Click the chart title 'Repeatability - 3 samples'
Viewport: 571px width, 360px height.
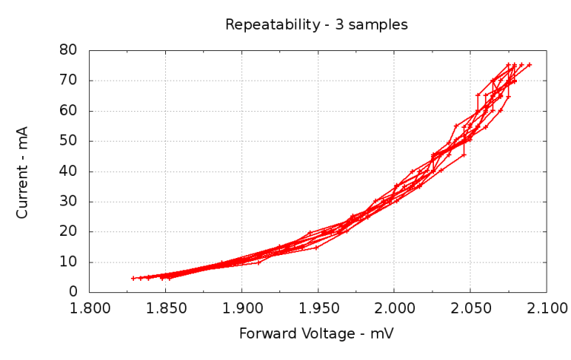click(x=316, y=24)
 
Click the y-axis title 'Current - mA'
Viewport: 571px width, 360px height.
click(x=22, y=172)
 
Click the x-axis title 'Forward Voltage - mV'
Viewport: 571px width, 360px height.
click(x=316, y=333)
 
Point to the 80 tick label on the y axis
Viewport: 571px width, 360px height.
click(x=70, y=50)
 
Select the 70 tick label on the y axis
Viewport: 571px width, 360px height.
click(x=70, y=81)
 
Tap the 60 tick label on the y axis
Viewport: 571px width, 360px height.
click(x=70, y=111)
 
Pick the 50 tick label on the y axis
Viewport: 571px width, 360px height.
click(x=70, y=141)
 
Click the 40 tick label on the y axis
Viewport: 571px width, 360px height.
click(x=70, y=171)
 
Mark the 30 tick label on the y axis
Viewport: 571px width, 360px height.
click(x=70, y=202)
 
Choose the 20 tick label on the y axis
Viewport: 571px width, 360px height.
click(x=70, y=232)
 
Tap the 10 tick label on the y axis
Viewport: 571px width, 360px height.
click(x=70, y=262)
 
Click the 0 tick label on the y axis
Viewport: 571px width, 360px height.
click(x=74, y=292)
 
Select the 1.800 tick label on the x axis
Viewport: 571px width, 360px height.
click(x=90, y=307)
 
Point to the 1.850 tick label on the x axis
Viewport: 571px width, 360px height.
click(x=166, y=307)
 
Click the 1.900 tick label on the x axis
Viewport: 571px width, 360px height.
click(x=242, y=307)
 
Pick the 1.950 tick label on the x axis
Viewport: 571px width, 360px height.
click(x=317, y=307)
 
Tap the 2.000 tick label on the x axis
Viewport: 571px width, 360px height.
click(x=394, y=307)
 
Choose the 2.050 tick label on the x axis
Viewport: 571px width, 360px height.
click(x=470, y=307)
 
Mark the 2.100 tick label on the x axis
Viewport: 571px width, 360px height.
click(x=546, y=307)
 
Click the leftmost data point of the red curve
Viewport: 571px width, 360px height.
click(x=133, y=278)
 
